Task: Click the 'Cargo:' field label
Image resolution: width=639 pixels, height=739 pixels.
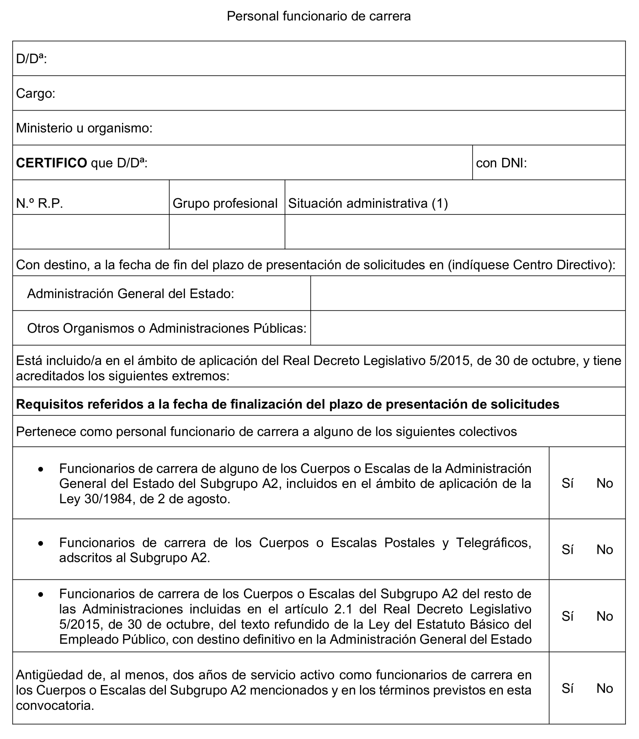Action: [x=36, y=94]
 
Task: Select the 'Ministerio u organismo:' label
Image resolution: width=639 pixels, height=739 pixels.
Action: [x=84, y=128]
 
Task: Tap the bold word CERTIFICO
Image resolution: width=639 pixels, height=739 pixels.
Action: [x=51, y=163]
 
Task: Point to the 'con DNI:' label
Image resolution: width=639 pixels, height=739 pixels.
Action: [x=501, y=163]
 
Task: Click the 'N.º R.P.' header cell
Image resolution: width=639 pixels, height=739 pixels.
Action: [x=40, y=203]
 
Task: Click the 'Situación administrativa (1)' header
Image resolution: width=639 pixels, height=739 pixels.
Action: [x=368, y=203]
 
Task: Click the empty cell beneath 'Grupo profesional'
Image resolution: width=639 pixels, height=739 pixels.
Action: [x=227, y=232]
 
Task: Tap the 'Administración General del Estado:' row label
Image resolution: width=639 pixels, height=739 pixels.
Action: [x=130, y=293]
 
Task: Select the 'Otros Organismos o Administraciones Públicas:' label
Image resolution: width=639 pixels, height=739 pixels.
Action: [x=167, y=328]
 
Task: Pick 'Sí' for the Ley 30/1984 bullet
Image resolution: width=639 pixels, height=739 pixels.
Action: [x=567, y=483]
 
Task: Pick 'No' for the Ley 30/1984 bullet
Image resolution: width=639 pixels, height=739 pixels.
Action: [x=604, y=483]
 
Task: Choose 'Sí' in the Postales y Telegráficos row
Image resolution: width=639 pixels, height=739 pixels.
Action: [x=567, y=550]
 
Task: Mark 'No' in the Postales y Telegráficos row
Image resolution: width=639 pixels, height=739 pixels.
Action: [x=604, y=550]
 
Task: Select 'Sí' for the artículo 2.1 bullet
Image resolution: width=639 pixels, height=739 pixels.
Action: [x=567, y=616]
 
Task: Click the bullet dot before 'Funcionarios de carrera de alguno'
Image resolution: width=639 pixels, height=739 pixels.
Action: [x=41, y=469]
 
